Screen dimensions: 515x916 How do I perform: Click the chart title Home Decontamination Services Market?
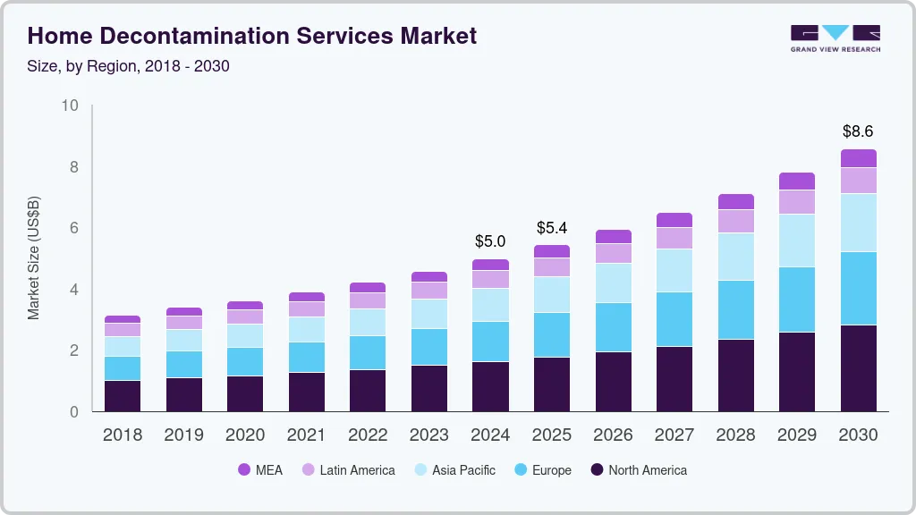pyautogui.click(x=251, y=36)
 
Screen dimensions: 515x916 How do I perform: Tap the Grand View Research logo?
pyautogui.click(x=835, y=38)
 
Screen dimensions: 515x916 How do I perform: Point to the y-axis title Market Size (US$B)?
pyautogui.click(x=34, y=258)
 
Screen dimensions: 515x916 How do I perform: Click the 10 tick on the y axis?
pyautogui.click(x=70, y=106)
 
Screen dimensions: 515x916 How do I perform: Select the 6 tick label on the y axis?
pyautogui.click(x=74, y=229)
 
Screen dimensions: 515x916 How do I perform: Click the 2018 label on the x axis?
pyautogui.click(x=122, y=435)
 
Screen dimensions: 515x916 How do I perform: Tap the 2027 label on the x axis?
pyautogui.click(x=674, y=435)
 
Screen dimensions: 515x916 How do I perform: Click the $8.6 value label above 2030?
pyautogui.click(x=858, y=131)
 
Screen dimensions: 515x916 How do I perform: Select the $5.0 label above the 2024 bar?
pyautogui.click(x=490, y=241)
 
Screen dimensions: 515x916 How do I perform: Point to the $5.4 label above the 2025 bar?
pyautogui.click(x=552, y=228)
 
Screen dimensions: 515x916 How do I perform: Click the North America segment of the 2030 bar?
pyautogui.click(x=858, y=367)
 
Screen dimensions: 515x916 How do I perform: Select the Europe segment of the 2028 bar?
pyautogui.click(x=735, y=309)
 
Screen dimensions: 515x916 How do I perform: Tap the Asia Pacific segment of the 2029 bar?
pyautogui.click(x=796, y=240)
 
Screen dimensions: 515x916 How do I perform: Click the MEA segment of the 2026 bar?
pyautogui.click(x=613, y=236)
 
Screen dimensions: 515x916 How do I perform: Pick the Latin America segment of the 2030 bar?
pyautogui.click(x=858, y=181)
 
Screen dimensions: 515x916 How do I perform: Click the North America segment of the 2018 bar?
pyautogui.click(x=122, y=395)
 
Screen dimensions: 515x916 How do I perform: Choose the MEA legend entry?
pyautogui.click(x=260, y=470)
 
